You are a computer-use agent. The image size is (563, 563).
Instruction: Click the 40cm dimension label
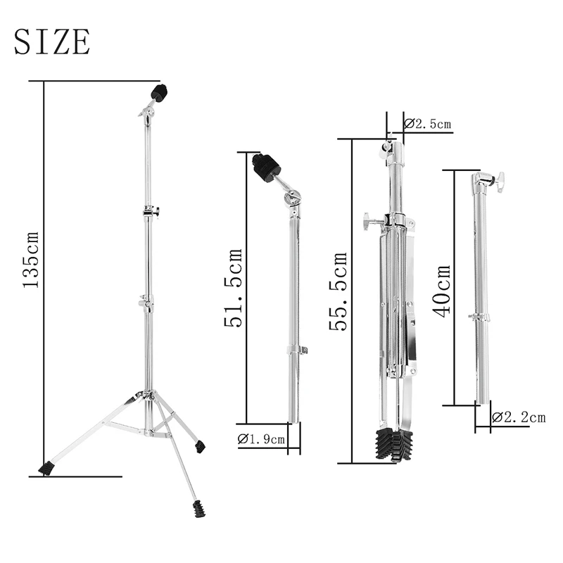point(442,291)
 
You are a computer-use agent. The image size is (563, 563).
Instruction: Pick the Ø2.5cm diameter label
point(428,125)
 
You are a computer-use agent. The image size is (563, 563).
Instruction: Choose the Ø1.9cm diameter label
point(262,439)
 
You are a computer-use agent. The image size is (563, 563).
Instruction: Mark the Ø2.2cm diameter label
point(518,417)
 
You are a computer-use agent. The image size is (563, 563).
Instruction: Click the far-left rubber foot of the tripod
point(46,467)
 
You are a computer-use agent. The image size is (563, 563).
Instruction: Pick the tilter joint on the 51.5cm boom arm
point(292,199)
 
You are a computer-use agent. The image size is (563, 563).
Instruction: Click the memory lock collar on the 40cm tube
point(480,317)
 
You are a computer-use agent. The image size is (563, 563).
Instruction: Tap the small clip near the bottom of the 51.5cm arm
point(298,350)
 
